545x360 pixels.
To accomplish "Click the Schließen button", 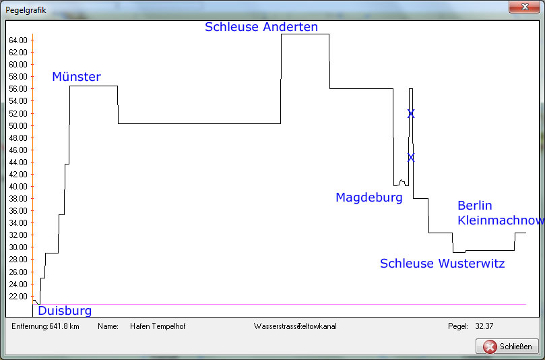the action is coord(507,347).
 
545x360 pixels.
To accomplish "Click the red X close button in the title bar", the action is coord(525,7).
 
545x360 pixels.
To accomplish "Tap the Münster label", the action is coord(77,77).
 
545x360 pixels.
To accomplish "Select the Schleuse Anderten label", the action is coord(261,27).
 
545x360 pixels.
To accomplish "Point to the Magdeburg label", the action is coord(369,198).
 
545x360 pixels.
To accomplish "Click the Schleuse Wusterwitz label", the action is coord(443,264).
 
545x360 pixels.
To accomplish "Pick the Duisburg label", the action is coord(65,311).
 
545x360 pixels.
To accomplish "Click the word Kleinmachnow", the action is coord(501,220).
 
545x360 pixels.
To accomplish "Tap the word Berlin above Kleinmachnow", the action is coord(475,205).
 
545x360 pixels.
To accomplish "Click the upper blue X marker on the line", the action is coord(411,114).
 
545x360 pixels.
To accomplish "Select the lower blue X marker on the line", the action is coord(411,158).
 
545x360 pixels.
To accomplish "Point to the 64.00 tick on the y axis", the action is coord(18,40).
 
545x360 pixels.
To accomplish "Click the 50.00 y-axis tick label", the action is coord(18,126).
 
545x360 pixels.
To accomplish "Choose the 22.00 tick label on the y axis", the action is coord(18,297).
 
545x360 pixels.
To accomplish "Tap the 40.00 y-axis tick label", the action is coord(18,187).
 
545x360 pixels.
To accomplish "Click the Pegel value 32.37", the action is coord(484,326).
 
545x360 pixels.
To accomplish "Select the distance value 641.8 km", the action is coord(64,326).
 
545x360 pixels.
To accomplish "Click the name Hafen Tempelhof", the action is coord(158,326).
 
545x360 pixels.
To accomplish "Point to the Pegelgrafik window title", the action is coord(26,10).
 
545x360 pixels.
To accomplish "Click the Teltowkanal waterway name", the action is coord(317,326).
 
